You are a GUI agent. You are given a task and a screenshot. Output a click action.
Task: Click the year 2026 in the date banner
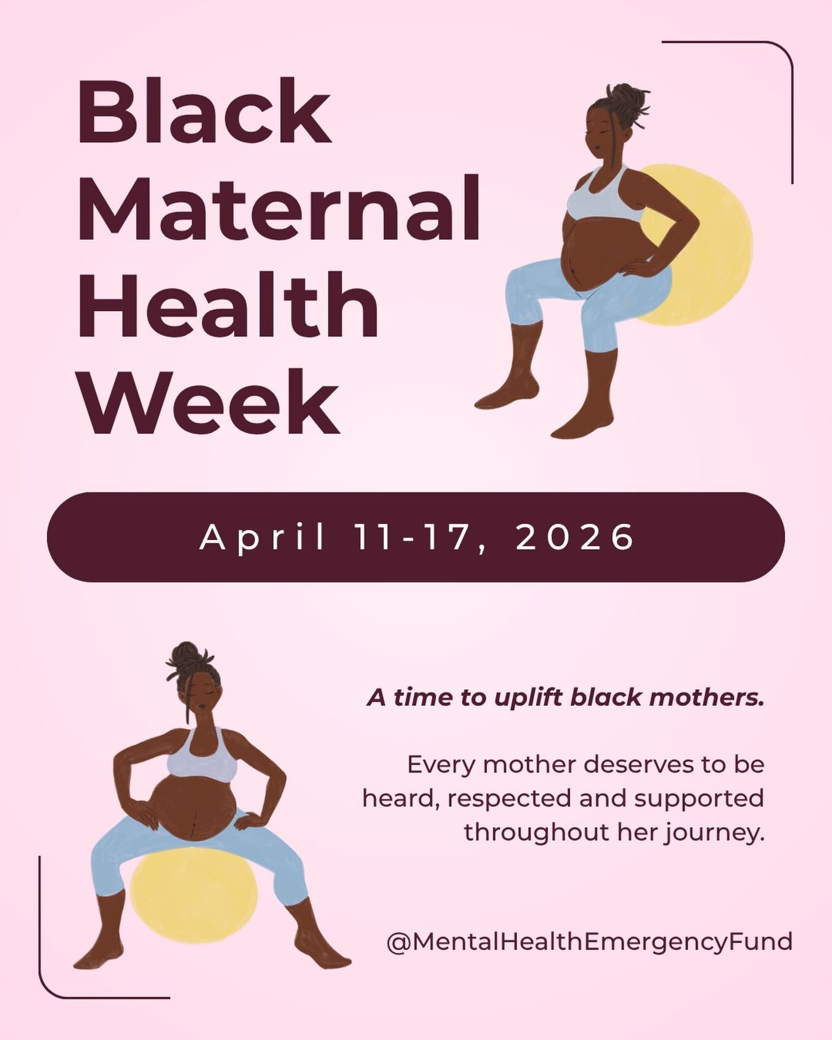(x=574, y=538)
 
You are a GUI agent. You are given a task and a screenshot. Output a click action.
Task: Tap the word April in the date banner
(x=262, y=538)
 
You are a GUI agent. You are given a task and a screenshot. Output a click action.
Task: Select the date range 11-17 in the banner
(x=418, y=538)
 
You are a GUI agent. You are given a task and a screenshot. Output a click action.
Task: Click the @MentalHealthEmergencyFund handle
(x=589, y=941)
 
